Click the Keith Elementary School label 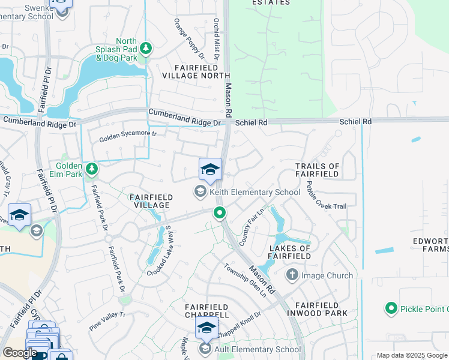point(255,192)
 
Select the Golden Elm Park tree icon point(91,169)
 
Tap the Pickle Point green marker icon point(391,308)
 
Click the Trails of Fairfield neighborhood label point(318,170)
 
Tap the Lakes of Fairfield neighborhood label point(290,252)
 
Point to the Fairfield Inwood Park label point(318,308)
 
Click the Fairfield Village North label point(196,71)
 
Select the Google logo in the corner point(19,353)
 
